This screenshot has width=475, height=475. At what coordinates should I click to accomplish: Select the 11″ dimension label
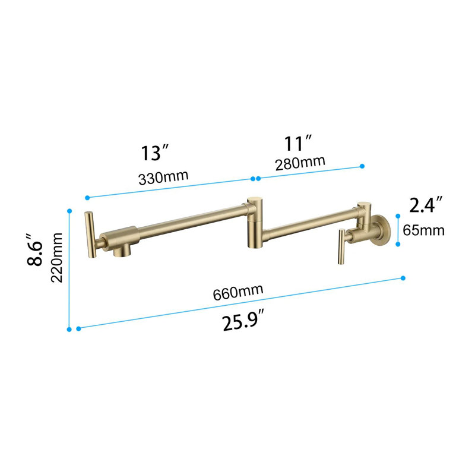pyautogui.click(x=298, y=144)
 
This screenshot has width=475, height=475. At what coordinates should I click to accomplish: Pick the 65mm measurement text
pyautogui.click(x=423, y=230)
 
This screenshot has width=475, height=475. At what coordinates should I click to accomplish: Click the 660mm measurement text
pyautogui.click(x=237, y=292)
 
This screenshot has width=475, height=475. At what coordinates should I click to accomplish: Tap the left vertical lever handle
pyautogui.click(x=90, y=235)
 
